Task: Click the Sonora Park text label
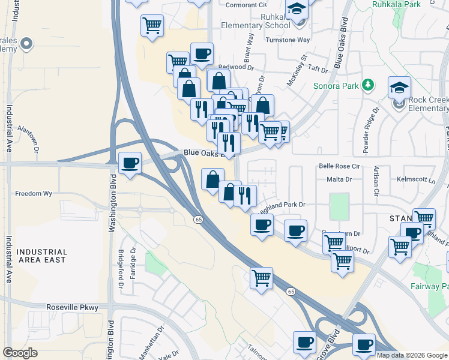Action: pyautogui.click(x=335, y=86)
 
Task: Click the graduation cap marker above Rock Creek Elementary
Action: pyautogui.click(x=399, y=88)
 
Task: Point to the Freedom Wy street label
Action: pyautogui.click(x=34, y=194)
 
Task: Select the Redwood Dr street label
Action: pyautogui.click(x=223, y=67)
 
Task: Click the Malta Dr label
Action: pyautogui.click(x=340, y=179)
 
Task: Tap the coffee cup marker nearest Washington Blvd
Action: pyautogui.click(x=130, y=163)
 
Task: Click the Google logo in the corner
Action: pyautogui.click(x=20, y=353)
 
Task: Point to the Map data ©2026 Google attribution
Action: pyautogui.click(x=411, y=355)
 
